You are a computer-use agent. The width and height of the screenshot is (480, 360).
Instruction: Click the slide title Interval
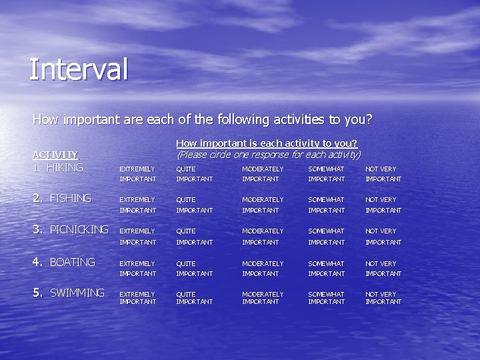(78, 69)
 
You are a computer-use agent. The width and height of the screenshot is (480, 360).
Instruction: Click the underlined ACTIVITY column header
(55, 154)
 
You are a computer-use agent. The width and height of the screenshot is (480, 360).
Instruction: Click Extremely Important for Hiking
(137, 174)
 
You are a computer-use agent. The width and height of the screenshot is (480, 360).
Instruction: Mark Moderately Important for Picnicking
(262, 236)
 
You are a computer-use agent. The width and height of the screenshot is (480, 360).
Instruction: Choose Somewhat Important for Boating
(326, 268)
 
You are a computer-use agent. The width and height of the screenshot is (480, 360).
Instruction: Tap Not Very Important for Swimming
(383, 298)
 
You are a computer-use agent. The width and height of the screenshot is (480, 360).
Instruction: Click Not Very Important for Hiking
(383, 174)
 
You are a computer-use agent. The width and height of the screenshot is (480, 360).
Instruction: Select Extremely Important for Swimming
(137, 298)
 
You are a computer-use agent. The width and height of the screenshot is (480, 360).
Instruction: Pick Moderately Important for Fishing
(262, 205)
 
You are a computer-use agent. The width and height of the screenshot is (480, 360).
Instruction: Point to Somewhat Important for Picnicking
(326, 236)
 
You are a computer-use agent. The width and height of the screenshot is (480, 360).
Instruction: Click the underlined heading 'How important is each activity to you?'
(266, 143)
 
